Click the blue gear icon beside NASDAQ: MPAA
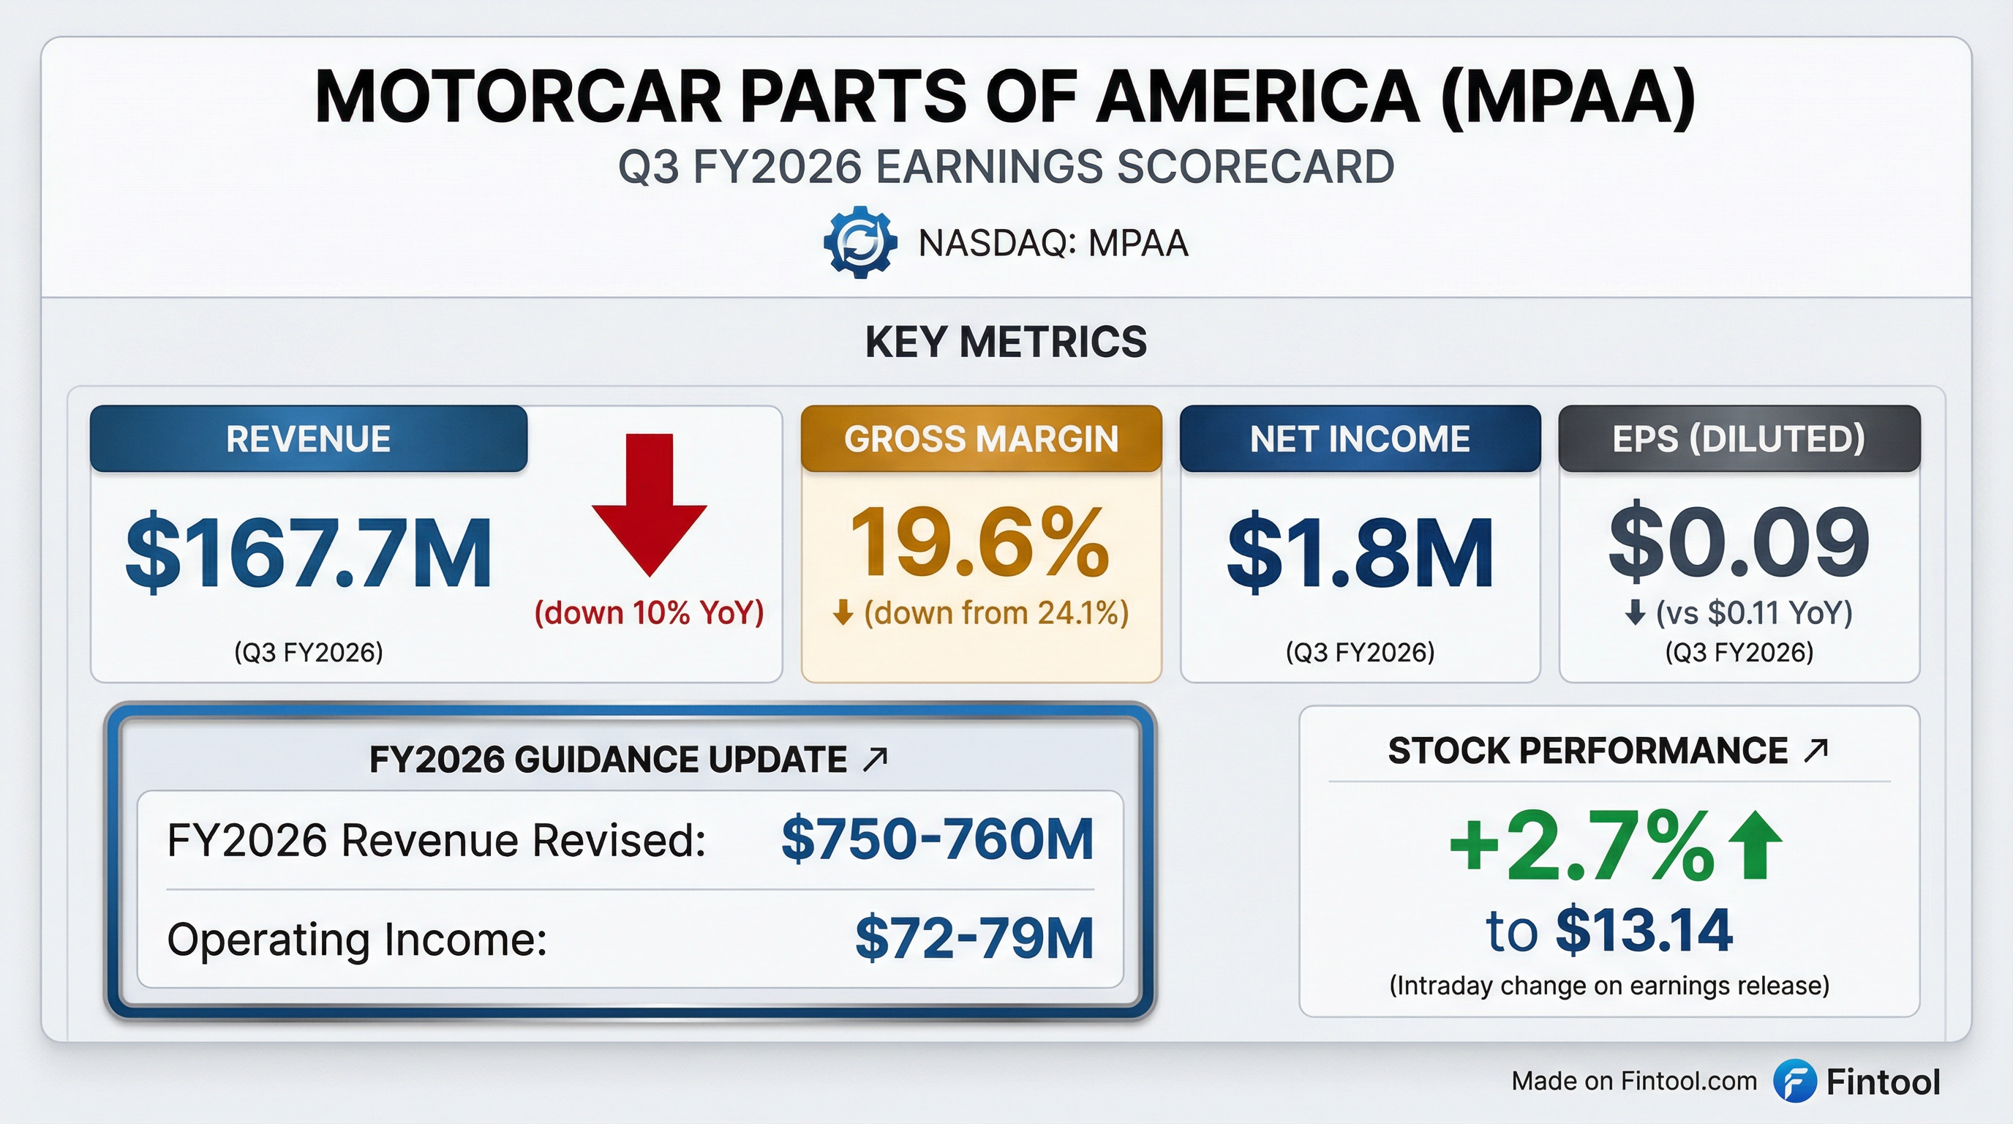[x=860, y=242]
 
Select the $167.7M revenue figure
[x=309, y=552]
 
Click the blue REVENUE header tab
[x=309, y=439]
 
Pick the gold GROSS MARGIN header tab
[x=981, y=439]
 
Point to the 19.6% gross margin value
[x=979, y=542]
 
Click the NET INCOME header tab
[x=1360, y=439]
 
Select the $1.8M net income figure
[x=1360, y=552]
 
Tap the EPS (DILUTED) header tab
[x=1739, y=439]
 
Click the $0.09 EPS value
[x=1739, y=542]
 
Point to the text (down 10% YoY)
[x=649, y=612]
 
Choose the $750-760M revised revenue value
[x=937, y=839]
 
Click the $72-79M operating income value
[x=974, y=938]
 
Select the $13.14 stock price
[x=1644, y=930]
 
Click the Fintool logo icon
[x=1794, y=1081]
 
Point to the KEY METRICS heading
[x=1006, y=342]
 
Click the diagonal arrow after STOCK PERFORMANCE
[x=1816, y=751]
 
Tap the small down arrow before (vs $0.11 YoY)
[x=1635, y=613]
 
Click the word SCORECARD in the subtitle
[x=1255, y=168]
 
